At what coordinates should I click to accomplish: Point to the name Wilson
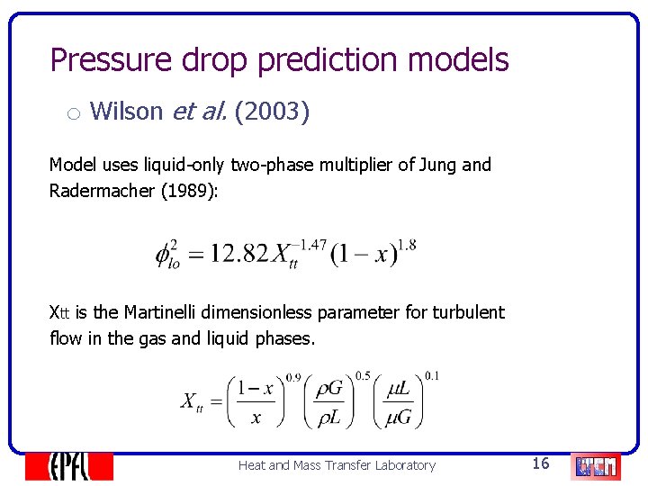[127, 112]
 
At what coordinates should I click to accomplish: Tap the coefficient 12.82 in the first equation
[239, 253]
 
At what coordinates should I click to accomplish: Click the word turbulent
[468, 312]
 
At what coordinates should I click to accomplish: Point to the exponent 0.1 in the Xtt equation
[432, 375]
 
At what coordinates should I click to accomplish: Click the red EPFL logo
[68, 465]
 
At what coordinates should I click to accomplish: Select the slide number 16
[541, 463]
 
